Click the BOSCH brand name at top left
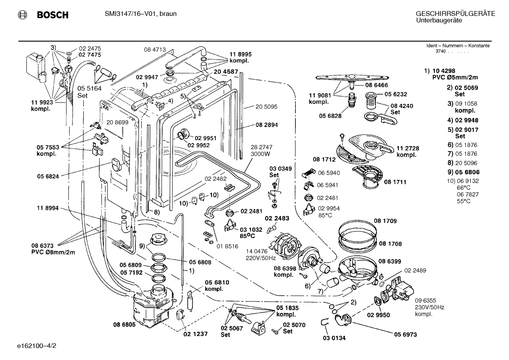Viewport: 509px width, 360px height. [53, 15]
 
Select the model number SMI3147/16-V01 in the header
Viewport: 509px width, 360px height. [131, 14]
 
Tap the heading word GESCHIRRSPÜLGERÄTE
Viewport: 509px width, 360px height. [455, 14]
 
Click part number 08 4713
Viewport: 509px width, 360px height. [155, 49]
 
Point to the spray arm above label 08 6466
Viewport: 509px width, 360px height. [352, 78]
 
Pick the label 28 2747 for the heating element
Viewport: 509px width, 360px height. [262, 147]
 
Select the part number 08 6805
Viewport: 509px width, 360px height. [124, 325]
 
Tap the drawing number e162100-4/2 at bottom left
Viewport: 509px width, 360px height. [37, 346]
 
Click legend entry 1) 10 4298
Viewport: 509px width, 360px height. [440, 71]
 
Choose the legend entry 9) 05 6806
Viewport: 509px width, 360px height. [463, 172]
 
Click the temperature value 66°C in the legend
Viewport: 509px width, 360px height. [463, 188]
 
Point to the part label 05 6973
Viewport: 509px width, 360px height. [405, 335]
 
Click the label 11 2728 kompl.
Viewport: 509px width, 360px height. [408, 152]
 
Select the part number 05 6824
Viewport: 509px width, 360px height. [48, 176]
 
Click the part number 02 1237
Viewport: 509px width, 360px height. [196, 334]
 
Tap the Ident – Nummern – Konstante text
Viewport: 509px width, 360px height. [458, 46]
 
